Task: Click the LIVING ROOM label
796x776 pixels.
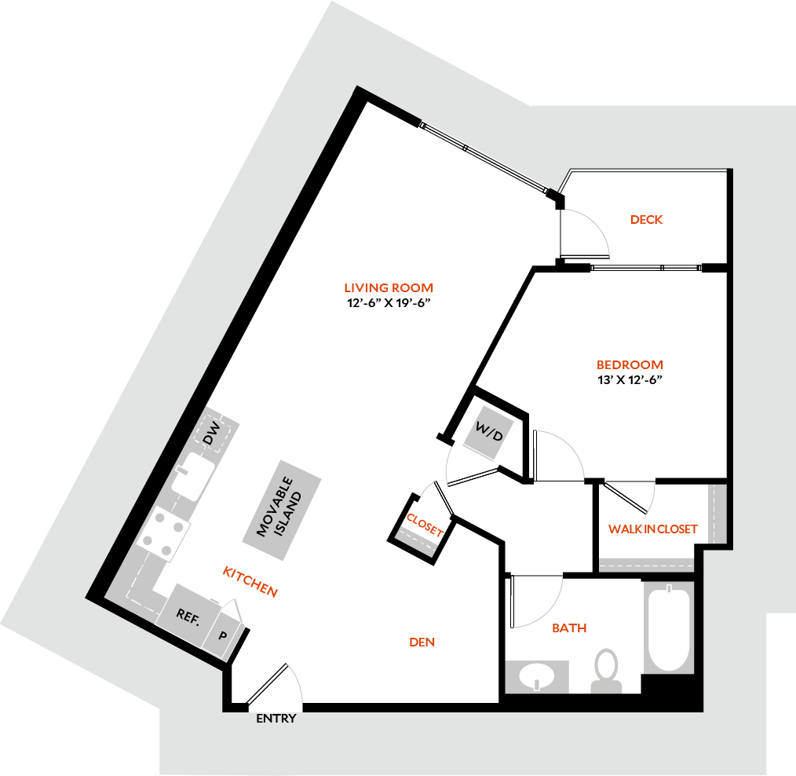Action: coord(389,287)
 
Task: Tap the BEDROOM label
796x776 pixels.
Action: coord(630,364)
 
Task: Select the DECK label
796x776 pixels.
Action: coord(646,220)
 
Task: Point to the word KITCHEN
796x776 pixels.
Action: coord(250,580)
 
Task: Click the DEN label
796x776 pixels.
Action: coord(422,642)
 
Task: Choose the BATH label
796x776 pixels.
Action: coord(569,628)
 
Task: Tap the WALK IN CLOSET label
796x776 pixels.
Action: coord(652,529)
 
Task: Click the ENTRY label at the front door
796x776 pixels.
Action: coord(276,719)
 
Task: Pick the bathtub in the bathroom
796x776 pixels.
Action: coord(668,629)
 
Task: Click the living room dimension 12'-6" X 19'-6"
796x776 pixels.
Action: coord(389,302)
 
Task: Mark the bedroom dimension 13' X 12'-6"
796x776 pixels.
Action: coord(630,380)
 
